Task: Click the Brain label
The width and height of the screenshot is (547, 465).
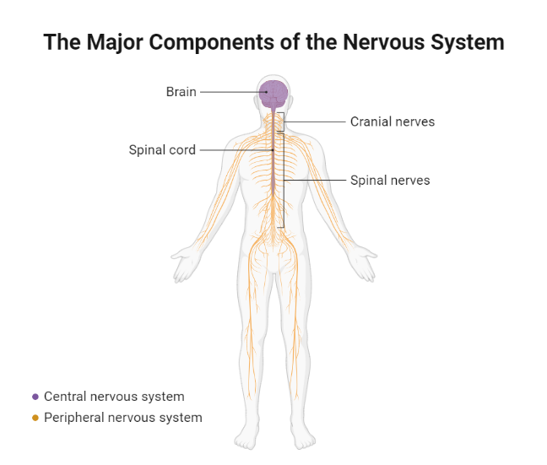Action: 181,91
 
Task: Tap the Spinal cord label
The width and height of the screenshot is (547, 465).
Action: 162,150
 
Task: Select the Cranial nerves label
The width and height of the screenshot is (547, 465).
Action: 393,122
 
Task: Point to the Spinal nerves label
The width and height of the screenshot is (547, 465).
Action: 390,180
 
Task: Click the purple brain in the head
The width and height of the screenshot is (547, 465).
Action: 273,93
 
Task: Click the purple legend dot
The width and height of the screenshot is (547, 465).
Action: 35,397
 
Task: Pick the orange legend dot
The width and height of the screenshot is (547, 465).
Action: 35,418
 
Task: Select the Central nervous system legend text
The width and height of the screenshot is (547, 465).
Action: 114,397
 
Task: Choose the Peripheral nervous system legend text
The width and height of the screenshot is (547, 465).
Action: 123,418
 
